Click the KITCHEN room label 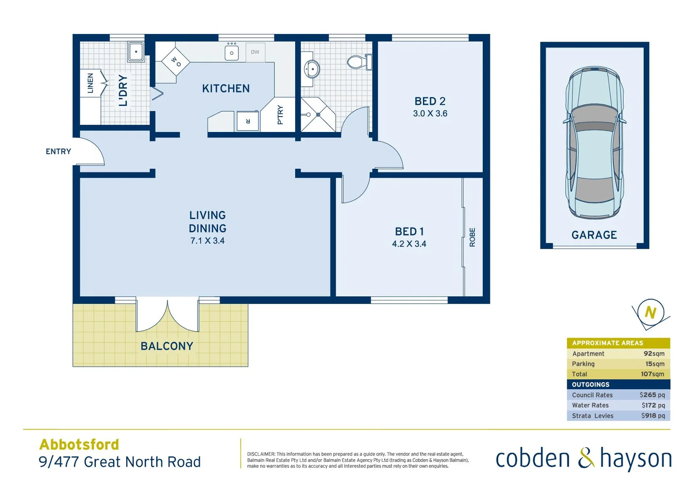pos(226,88)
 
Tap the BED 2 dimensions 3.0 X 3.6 pos(430,113)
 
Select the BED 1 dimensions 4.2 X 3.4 pos(409,244)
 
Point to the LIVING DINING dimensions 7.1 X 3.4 pos(207,241)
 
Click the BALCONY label pos(167,346)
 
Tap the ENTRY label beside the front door pos(58,152)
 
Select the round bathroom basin pos(312,69)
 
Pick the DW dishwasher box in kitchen pos(255,52)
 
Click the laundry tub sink pos(136,52)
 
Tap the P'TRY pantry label pos(280,115)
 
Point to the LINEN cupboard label pos(90,83)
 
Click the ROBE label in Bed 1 pos(472,237)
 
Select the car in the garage pos(594,143)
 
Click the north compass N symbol pos(650,313)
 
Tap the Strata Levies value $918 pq pos(653,416)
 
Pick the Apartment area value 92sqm pos(654,353)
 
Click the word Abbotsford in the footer pos(79,444)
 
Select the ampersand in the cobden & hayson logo pos(586,458)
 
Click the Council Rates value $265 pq pos(652,395)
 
